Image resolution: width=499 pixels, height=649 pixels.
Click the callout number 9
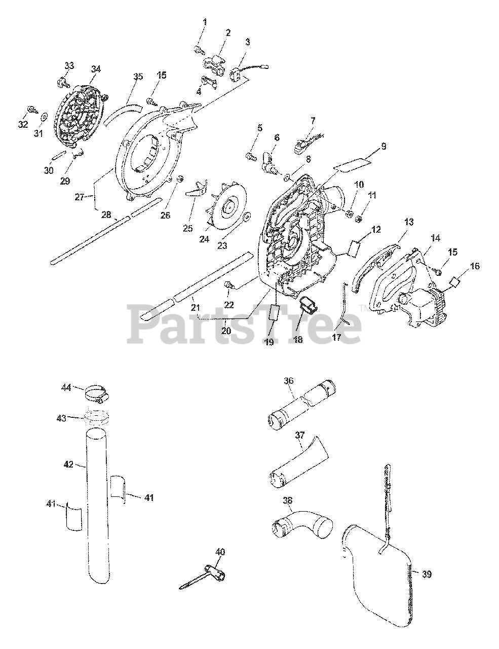click(x=383, y=146)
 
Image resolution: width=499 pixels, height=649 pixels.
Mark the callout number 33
click(x=69, y=65)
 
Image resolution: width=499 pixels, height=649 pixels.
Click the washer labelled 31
click(x=44, y=117)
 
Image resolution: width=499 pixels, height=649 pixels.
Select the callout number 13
click(x=408, y=222)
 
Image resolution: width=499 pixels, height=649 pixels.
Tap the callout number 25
click(x=188, y=228)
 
